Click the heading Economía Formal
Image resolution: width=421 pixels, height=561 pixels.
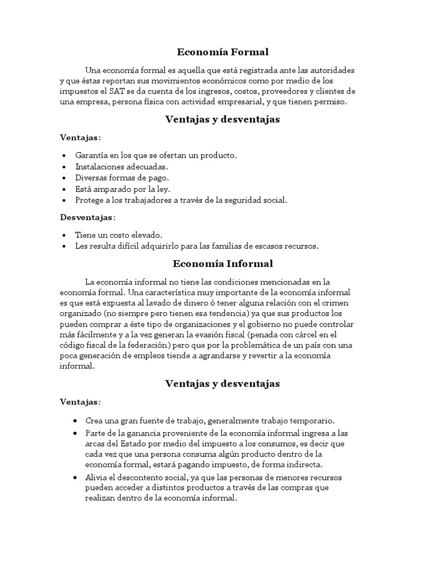tap(223, 53)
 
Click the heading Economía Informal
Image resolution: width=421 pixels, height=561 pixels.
tap(223, 264)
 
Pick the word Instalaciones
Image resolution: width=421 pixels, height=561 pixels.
tap(99, 167)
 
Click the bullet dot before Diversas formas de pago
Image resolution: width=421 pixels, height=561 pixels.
tap(66, 178)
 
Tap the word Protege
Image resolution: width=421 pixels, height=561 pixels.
tap(89, 200)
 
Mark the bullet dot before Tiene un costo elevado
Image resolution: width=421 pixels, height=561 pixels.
tap(66, 235)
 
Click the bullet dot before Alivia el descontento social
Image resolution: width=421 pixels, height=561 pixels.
tap(75, 477)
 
